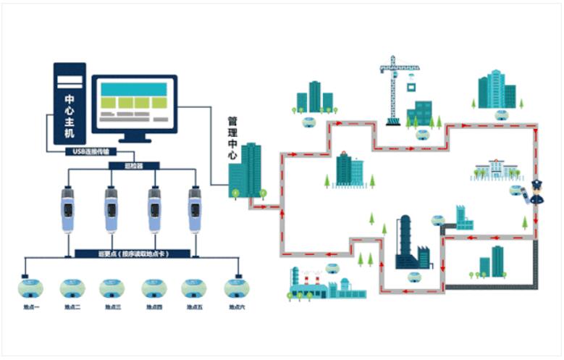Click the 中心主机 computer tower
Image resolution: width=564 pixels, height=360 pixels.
tap(70, 105)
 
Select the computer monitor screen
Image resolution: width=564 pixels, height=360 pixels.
tap(134, 103)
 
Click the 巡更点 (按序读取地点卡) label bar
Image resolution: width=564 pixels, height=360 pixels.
tap(132, 254)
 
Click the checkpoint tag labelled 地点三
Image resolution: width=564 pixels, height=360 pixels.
tap(112, 288)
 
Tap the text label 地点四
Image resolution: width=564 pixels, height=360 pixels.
tap(153, 308)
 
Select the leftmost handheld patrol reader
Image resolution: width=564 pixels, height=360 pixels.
tap(65, 209)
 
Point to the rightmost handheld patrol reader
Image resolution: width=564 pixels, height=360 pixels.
tap(194, 209)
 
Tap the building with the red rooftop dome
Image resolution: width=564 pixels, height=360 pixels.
tap(349, 169)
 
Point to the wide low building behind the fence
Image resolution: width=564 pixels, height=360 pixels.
tap(497, 170)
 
